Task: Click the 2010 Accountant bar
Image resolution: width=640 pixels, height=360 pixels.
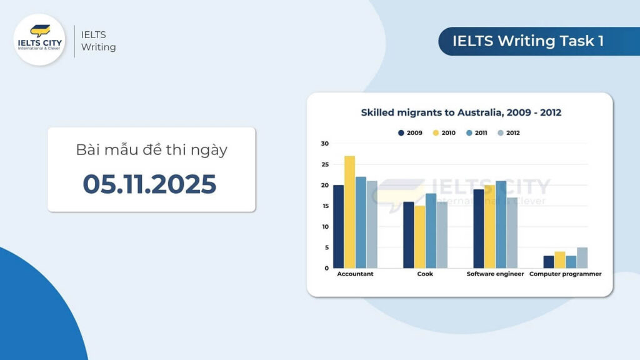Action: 349,212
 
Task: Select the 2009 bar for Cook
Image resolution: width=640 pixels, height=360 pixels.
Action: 409,235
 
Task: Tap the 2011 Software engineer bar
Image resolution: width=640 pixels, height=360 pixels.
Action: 501,224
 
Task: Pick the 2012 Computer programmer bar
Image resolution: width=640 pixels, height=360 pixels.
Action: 582,258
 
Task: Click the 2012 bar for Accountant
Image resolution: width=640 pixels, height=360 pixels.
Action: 372,225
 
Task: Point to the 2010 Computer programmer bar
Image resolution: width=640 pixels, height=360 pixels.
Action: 559,260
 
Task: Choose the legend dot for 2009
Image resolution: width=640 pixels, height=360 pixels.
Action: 401,132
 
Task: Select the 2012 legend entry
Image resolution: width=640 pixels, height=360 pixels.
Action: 509,132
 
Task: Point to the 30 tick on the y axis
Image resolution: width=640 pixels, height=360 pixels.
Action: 324,144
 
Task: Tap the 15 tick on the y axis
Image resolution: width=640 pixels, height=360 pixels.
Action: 324,206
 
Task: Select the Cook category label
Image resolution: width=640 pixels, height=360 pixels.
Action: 425,274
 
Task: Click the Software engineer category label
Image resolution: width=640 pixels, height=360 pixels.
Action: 495,274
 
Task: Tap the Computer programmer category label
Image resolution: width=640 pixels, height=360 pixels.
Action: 566,274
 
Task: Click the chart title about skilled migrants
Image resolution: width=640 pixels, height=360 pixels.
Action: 461,113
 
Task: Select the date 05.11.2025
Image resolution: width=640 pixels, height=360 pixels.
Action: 150,184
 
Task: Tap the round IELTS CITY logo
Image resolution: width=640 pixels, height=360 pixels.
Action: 39,39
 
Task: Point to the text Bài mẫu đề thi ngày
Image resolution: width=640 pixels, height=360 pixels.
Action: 151,151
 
